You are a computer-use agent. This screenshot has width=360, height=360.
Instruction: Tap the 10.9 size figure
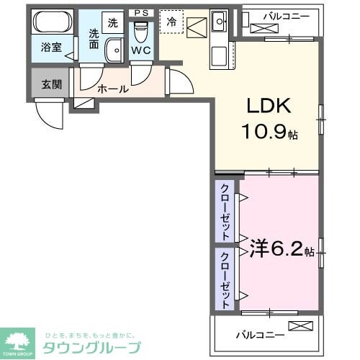(x=266, y=133)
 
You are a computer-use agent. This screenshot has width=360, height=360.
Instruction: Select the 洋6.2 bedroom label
(x=276, y=250)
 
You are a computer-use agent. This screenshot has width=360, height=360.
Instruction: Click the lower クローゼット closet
(x=225, y=280)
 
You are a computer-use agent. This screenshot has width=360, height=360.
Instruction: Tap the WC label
(x=141, y=50)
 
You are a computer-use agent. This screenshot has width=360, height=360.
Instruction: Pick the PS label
(x=141, y=12)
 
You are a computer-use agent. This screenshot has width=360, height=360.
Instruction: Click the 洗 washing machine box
(x=112, y=22)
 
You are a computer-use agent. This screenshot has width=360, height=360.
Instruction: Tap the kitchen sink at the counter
(x=219, y=20)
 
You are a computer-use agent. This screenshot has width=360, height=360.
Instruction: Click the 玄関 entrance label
(x=51, y=85)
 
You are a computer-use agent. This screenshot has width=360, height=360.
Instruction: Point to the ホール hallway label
(x=113, y=89)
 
